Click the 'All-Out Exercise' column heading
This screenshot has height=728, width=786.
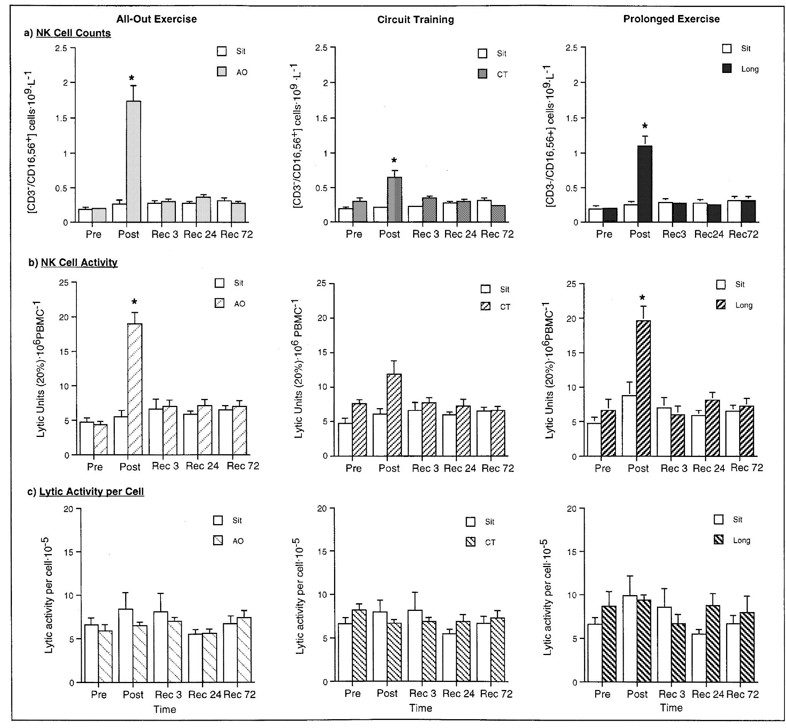coord(156,19)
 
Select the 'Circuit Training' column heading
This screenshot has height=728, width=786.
coord(415,20)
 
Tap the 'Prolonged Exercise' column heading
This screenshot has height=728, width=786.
coord(671,19)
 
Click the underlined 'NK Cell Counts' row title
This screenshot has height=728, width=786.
coord(73,33)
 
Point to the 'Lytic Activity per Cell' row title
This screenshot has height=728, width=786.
coord(91,491)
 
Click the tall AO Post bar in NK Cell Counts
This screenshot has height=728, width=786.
coord(134,162)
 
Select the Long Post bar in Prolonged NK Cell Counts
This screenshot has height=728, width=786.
coord(645,184)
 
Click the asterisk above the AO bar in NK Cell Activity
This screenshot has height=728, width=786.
coord(134,303)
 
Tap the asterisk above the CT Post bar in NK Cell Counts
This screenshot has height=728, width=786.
coord(394,161)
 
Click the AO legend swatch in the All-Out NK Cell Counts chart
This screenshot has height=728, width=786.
coord(222,72)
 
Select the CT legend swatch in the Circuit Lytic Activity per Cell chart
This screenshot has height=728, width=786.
coord(470,542)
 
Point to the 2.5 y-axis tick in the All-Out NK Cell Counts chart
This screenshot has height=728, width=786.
coord(62,48)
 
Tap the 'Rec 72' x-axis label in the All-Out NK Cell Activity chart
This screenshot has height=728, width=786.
coord(243,466)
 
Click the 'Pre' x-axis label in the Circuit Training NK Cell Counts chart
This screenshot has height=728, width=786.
coord(354,234)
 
